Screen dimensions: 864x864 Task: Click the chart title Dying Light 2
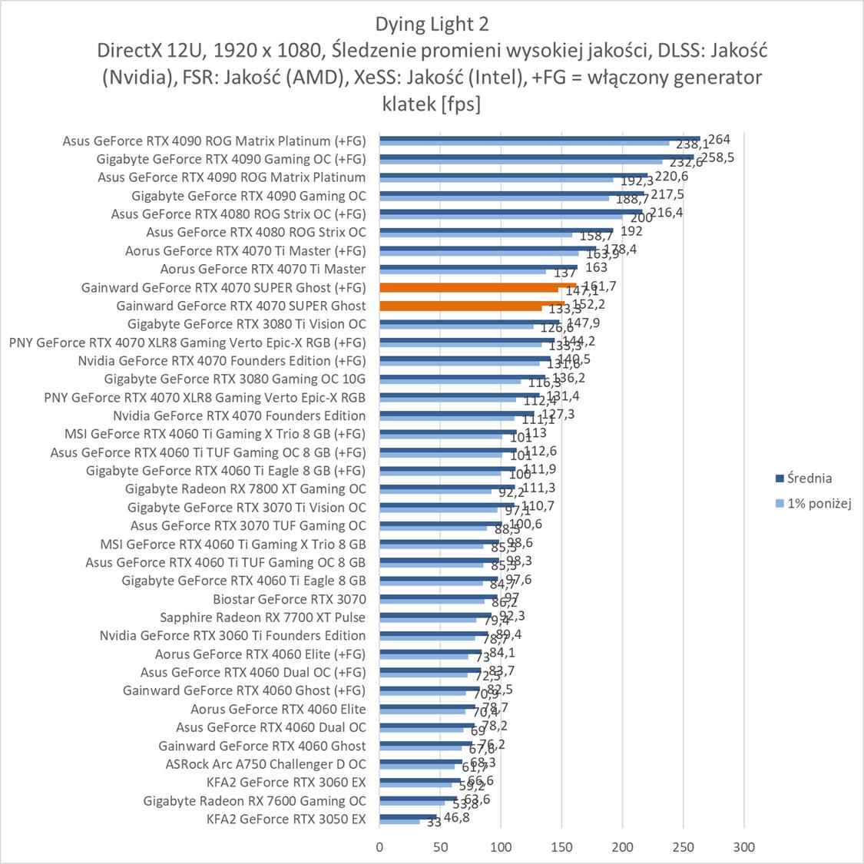tap(432, 24)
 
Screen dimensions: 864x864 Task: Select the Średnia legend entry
tap(809, 478)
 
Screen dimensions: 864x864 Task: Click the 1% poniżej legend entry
tap(819, 504)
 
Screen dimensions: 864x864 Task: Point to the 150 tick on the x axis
tap(561, 847)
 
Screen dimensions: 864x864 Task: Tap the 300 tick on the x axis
tap(743, 847)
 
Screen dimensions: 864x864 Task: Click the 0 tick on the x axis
tap(379, 847)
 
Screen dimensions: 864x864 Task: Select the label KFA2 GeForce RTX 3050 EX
tap(286, 819)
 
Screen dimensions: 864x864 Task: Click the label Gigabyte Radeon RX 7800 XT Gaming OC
tap(246, 488)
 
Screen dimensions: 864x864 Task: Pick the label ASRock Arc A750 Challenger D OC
tap(266, 764)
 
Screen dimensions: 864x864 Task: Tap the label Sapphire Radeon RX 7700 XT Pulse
tap(263, 617)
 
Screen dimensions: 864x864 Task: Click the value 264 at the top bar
tap(719, 140)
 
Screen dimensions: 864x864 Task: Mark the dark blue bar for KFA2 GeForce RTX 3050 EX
tap(408, 816)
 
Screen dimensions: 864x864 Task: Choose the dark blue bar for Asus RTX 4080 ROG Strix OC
tap(495, 230)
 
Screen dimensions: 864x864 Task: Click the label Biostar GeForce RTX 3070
tap(290, 599)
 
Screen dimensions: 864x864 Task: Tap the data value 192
tap(631, 231)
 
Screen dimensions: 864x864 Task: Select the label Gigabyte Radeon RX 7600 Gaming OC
tap(255, 800)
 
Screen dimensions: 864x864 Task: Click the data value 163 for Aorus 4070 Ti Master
tap(596, 268)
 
